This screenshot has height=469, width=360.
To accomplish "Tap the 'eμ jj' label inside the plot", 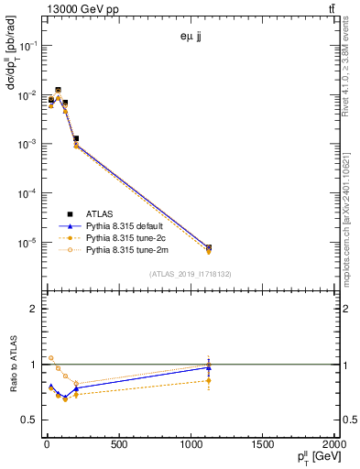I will coord(191,38).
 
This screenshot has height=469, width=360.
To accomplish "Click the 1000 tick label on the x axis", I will coord(190,446).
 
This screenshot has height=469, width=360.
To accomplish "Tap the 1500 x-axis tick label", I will coord(262,446).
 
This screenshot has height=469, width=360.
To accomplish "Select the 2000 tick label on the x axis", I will coord(333,446).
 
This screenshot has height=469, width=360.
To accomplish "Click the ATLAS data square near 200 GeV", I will coord(76,138).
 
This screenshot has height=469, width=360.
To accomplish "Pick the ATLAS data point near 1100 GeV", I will coord(209,247).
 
